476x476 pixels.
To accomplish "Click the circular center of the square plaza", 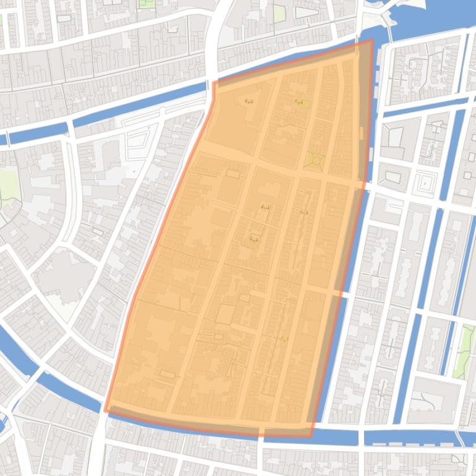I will pos(316,161).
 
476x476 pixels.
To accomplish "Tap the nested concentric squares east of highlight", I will pos(425,184).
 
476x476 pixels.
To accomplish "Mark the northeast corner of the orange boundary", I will pos(371,41).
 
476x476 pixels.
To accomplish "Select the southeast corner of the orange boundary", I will pos(311,436).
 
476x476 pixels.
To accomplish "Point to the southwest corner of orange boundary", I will pos(105,410).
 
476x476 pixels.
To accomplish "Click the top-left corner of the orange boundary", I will pos(214,82).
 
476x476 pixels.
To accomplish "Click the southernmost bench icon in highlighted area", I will pos(283,339).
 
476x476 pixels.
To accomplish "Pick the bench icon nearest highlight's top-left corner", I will pos(249,101).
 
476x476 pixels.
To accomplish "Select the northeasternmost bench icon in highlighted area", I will pos(299,102).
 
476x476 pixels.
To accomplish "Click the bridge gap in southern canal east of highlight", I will pos(361,438).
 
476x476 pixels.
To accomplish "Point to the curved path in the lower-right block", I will pos(427,402).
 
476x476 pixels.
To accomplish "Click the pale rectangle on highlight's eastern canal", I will pos(361,133).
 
